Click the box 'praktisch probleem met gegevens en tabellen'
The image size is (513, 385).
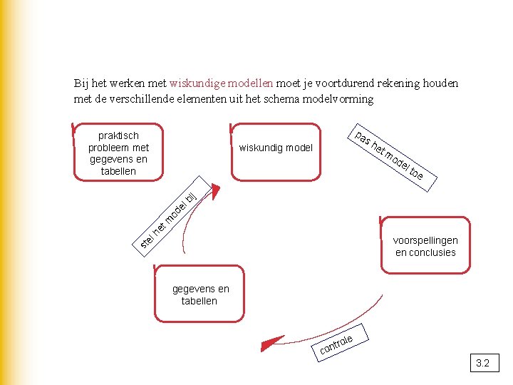(x=118, y=153)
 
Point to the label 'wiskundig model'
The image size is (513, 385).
(x=276, y=148)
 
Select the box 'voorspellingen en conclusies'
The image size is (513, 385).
(x=425, y=246)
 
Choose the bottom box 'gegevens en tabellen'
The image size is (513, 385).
(x=199, y=294)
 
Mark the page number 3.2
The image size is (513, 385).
(x=482, y=364)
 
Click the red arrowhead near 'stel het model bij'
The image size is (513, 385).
(x=216, y=193)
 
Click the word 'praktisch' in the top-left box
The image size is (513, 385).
(x=118, y=135)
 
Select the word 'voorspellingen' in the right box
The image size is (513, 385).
(x=425, y=240)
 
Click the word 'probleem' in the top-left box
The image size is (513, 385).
(x=108, y=148)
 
